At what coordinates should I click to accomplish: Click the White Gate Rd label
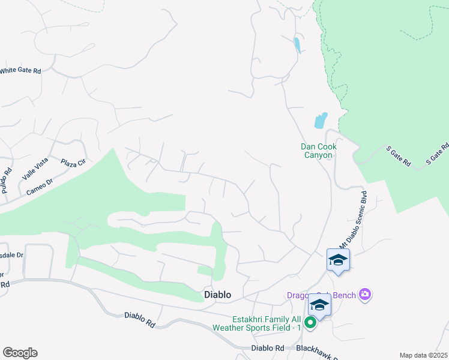tap(20, 70)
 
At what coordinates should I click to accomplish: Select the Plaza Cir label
tap(74, 163)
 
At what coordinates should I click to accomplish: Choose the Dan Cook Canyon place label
tap(318, 151)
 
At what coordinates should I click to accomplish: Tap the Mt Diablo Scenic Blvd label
tap(354, 222)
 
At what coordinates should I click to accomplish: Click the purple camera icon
tap(365, 294)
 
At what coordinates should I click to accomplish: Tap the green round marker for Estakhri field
tap(310, 323)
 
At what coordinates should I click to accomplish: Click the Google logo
tap(20, 353)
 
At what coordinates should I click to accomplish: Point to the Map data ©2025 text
tap(423, 355)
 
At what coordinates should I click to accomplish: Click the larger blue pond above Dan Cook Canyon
tap(321, 120)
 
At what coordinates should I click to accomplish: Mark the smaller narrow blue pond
tap(297, 44)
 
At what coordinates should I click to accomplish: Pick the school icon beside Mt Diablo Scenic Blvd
tap(338, 260)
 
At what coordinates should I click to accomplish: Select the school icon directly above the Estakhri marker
tap(319, 306)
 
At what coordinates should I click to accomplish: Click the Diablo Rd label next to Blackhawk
tap(268, 348)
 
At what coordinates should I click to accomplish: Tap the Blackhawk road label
tap(312, 348)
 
